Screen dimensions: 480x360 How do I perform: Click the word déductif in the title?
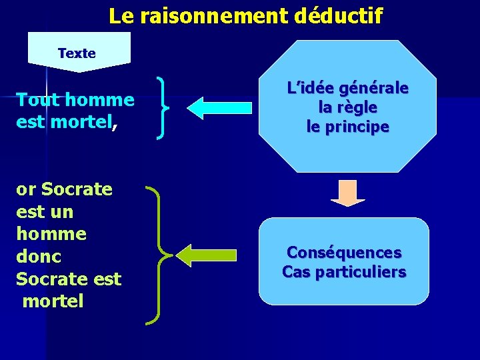pos(337,16)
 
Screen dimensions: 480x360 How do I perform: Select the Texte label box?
pos(78,52)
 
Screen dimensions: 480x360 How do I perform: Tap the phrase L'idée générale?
pos(347,89)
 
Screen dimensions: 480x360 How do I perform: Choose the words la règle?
pos(347,107)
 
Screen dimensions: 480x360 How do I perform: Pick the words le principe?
pos(347,126)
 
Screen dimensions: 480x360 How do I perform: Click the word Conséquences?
pos(344,253)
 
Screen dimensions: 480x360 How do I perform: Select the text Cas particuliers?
pos(344,272)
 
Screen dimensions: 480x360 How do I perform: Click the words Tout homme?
pos(75,100)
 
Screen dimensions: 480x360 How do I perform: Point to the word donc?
pos(39,257)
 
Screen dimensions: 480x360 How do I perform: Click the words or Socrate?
pos(64,189)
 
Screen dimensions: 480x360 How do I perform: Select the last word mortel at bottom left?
pos(53,301)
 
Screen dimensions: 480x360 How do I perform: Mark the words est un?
pos(44,212)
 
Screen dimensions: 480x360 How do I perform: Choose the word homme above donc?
pos(51,234)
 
